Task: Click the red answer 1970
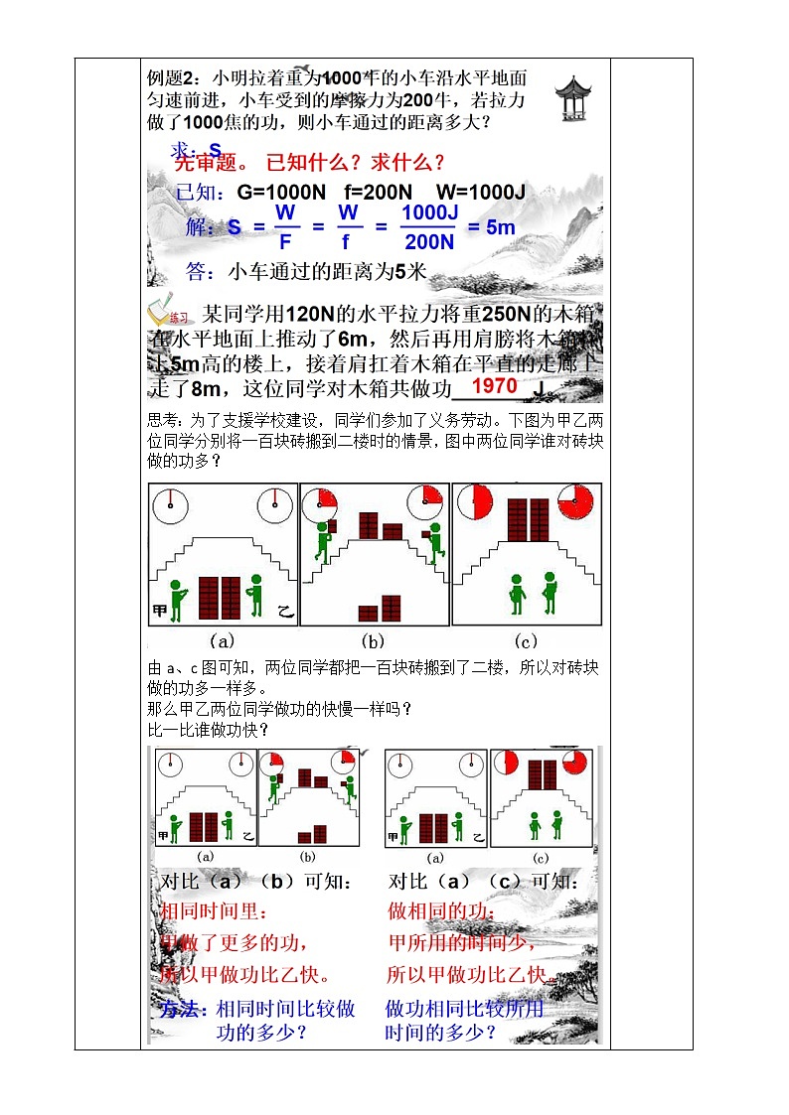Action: tap(494, 386)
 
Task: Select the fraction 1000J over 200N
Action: tap(428, 227)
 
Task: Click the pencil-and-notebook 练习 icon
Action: tap(169, 315)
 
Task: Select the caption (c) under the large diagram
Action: tap(522, 640)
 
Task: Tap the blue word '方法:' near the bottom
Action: tap(185, 1009)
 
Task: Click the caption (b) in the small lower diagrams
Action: tap(307, 856)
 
